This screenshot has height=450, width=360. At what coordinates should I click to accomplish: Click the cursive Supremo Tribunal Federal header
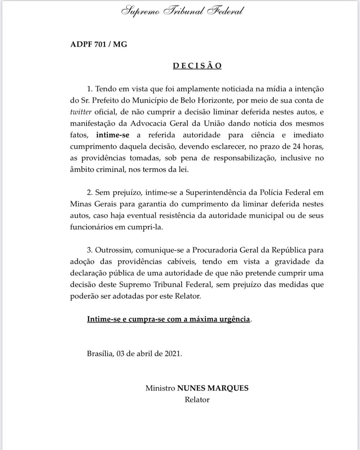(x=182, y=11)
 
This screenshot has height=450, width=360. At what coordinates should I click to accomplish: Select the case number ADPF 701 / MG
(x=99, y=45)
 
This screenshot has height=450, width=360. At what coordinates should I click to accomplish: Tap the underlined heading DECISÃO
(x=197, y=66)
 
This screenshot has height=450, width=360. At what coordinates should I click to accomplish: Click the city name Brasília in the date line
(x=99, y=353)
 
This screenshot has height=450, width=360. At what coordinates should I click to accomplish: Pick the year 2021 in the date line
(x=172, y=353)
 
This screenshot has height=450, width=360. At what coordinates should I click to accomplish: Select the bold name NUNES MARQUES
(x=213, y=388)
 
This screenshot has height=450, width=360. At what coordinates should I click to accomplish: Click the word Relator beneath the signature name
(x=197, y=400)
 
